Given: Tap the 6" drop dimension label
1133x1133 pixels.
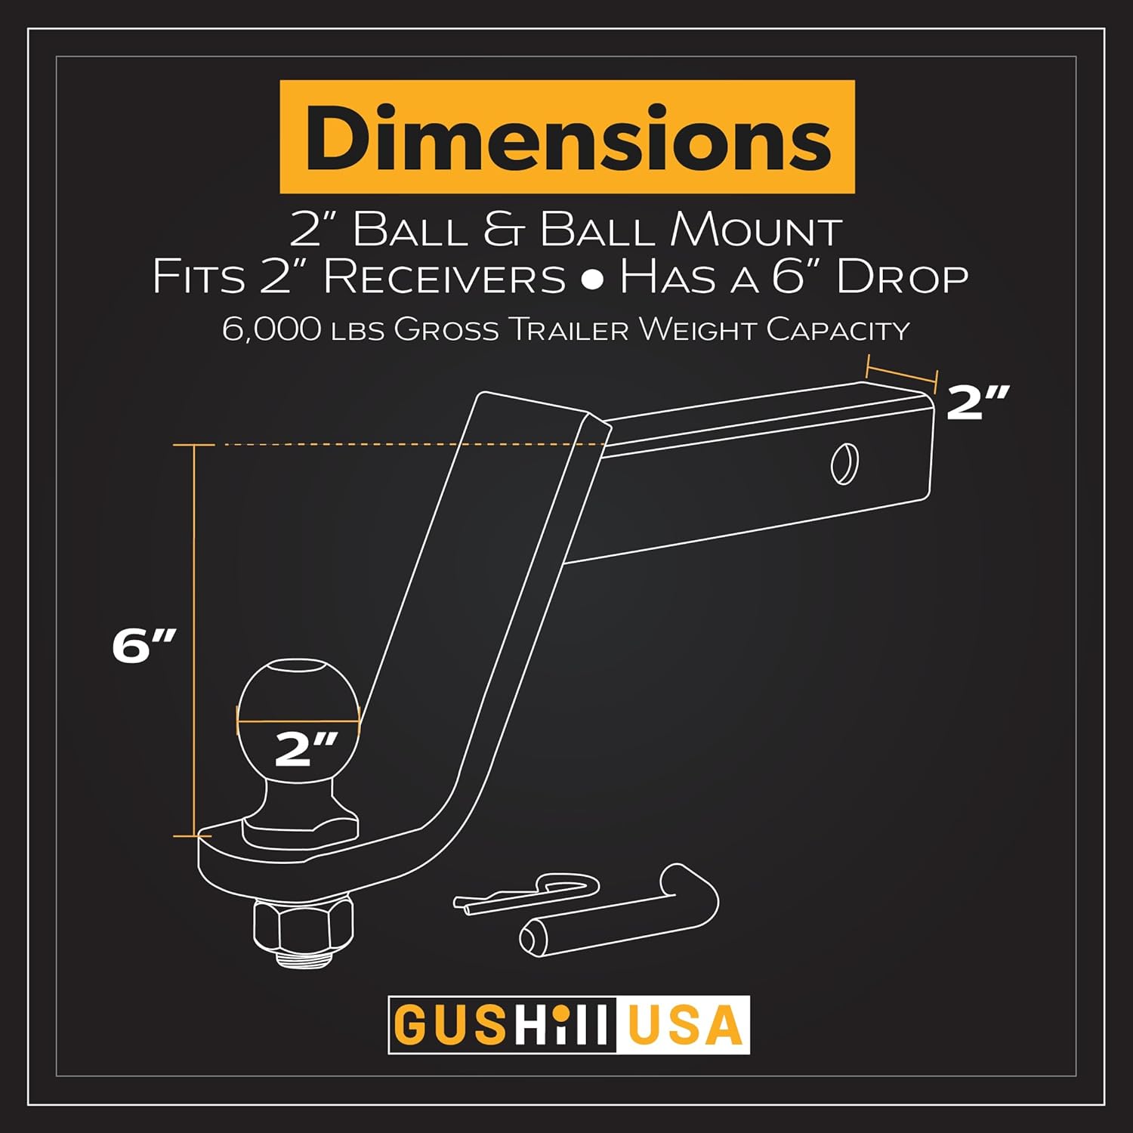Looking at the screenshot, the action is pos(144,646).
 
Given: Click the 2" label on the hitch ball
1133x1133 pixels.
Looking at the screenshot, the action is pos(305,749).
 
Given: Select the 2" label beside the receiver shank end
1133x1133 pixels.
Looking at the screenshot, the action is pos(977,402).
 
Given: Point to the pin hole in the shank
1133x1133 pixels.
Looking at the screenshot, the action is pos(844,464).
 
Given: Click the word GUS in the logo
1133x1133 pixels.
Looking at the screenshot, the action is pos(449,1026).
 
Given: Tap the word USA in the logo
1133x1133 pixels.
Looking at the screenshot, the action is pos(684,1026).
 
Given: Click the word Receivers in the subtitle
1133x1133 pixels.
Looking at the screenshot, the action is pos(444,277).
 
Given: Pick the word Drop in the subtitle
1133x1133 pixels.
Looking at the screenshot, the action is pos(902,277).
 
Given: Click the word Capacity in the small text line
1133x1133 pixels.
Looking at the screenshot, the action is pos(838,330).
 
